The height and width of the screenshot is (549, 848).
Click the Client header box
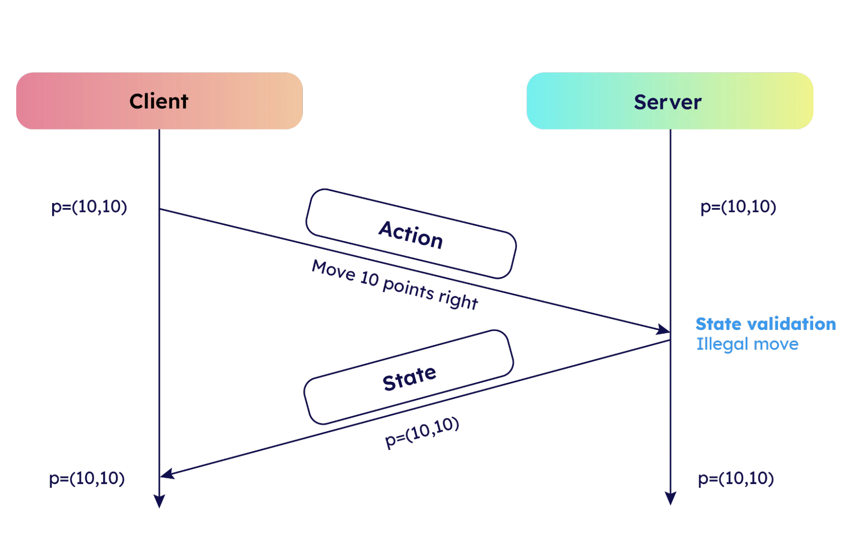coord(159,101)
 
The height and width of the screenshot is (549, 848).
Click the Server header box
coord(669,101)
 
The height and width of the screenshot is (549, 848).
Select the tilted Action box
coord(411,234)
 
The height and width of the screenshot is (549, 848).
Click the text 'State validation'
coord(766,324)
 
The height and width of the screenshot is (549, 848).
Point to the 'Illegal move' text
coord(747,343)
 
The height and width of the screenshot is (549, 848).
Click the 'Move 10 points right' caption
coord(395,284)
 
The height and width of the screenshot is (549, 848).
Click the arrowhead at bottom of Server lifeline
coord(670,499)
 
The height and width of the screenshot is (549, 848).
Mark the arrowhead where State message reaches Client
coord(167,474)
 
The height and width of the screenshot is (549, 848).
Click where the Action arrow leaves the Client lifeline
coord(160,209)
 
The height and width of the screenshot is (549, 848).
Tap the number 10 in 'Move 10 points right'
coord(369,279)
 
